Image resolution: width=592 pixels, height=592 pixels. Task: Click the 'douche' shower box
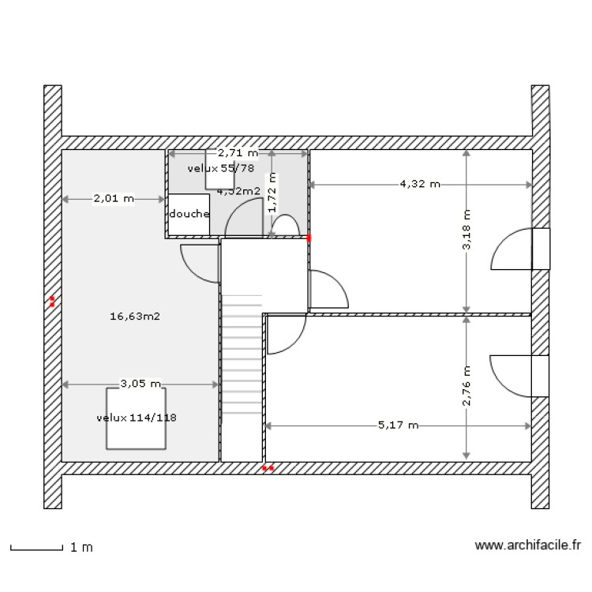[189, 215]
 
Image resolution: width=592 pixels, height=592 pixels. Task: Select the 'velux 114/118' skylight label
[137, 418]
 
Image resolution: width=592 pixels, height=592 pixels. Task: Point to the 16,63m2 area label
[135, 317]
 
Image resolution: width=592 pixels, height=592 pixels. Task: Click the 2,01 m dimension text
[114, 199]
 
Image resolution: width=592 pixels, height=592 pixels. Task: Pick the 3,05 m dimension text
[141, 384]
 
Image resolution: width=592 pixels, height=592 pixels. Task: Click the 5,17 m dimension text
[398, 425]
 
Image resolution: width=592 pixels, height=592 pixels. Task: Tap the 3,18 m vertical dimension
[466, 230]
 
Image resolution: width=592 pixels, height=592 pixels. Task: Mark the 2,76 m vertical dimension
[466, 385]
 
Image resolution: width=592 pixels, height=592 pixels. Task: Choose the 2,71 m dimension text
[238, 152]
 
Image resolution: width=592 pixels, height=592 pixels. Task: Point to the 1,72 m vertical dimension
[272, 193]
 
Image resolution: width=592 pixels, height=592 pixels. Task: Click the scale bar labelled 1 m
[36, 546]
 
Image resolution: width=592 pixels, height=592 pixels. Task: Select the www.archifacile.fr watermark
[528, 545]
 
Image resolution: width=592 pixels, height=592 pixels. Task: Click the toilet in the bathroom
[284, 227]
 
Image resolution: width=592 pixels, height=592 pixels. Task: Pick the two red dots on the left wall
[52, 301]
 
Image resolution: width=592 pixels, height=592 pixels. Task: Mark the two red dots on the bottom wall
[268, 468]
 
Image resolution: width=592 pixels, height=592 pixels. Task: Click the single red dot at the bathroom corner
[309, 237]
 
